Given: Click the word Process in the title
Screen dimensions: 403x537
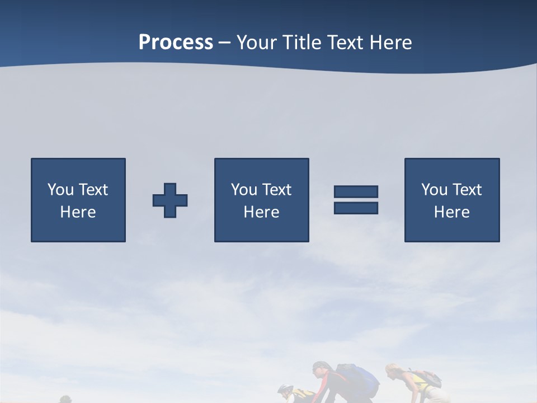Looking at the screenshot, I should point(176,43).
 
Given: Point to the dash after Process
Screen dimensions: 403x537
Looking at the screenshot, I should point(224,43).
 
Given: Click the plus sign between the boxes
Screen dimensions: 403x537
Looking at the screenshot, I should point(170,200).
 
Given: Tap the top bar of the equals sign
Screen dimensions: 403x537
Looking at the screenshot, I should point(356,191).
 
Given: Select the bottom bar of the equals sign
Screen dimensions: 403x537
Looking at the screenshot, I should point(356,208).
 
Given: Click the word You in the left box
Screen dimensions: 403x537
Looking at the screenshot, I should point(61,190).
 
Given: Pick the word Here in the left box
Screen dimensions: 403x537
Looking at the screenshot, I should point(78,212).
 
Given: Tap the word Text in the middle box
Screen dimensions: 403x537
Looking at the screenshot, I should point(277,190).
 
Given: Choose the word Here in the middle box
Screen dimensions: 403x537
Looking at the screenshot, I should point(261,212).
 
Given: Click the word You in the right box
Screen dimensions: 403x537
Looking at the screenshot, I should point(435,190).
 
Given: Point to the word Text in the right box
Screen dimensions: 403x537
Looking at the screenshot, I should point(467,190).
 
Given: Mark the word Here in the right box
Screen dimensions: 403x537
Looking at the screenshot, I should point(451,212).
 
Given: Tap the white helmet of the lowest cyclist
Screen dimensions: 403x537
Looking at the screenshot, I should point(285,389).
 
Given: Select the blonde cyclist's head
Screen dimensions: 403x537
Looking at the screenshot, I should point(393,372).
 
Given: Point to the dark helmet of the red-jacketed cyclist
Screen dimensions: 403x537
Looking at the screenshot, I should point(320,368).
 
